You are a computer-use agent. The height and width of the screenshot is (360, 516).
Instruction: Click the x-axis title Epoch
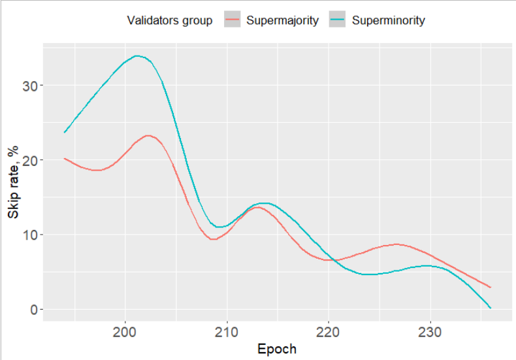click(277, 349)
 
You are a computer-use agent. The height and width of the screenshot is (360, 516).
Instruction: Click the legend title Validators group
click(169, 20)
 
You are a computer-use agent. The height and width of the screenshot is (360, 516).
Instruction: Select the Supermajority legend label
click(282, 20)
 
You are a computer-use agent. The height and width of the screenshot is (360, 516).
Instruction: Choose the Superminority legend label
click(388, 20)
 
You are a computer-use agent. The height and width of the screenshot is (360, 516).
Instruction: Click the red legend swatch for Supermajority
click(233, 20)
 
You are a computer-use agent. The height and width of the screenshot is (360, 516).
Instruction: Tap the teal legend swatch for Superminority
click(338, 20)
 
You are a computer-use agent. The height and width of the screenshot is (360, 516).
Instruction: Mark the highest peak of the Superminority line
click(137, 56)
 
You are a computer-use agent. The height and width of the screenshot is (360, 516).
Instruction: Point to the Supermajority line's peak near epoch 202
click(148, 135)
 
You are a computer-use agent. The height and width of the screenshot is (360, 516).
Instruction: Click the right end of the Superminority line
click(490, 308)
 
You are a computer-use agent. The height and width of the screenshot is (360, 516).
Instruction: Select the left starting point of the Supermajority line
click(64, 158)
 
